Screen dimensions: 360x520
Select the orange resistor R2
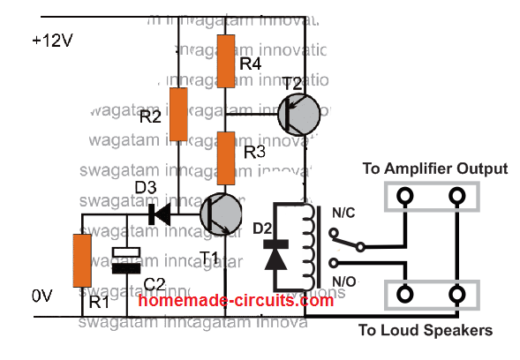179,114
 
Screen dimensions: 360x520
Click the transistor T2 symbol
299,113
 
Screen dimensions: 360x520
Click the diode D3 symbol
160,214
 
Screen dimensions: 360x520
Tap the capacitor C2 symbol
127,259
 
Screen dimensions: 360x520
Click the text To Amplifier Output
434,168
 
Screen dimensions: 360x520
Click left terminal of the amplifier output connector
405,197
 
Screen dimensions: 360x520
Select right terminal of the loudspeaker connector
458,294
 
